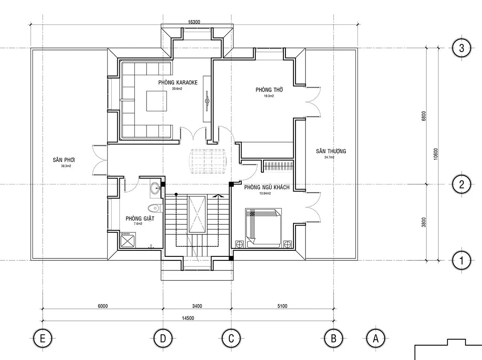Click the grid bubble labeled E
(x=42, y=338)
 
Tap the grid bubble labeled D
(x=163, y=338)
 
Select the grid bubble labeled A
(x=376, y=338)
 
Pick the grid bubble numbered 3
(x=462, y=48)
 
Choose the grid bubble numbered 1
(x=462, y=261)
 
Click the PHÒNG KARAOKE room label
(x=178, y=82)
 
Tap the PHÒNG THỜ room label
(x=269, y=90)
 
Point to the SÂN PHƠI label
(x=64, y=160)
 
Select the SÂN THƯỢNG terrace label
(x=331, y=151)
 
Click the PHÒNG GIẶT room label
(x=140, y=218)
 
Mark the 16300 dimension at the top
(x=194, y=22)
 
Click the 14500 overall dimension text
(x=188, y=318)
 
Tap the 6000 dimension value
(x=103, y=306)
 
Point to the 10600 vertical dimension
(x=436, y=154)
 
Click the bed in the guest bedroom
(x=263, y=228)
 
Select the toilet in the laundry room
(x=155, y=208)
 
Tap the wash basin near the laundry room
(x=155, y=188)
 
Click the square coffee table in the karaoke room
(x=157, y=101)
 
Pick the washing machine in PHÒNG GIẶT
(x=128, y=240)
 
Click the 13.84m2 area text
(x=265, y=193)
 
